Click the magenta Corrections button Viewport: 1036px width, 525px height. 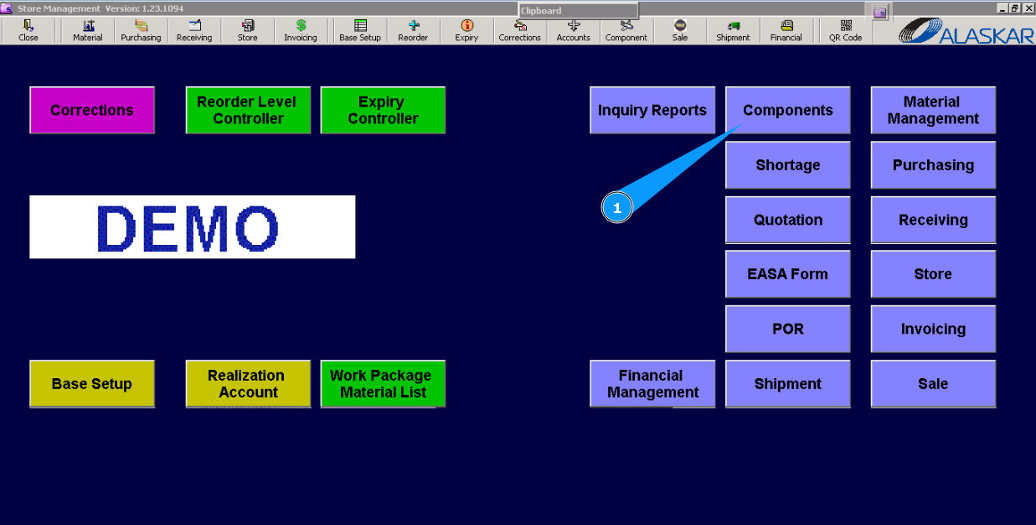(x=92, y=110)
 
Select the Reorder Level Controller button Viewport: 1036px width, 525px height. (x=248, y=110)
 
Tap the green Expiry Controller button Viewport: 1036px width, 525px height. (x=383, y=110)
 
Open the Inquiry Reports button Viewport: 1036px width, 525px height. (x=652, y=110)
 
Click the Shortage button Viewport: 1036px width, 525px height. (x=787, y=165)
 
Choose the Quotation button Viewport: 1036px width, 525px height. (x=787, y=220)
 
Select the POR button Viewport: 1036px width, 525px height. (x=787, y=329)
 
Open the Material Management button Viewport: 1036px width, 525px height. (x=933, y=110)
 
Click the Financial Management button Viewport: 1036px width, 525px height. (x=652, y=384)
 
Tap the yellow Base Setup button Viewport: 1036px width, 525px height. (x=92, y=384)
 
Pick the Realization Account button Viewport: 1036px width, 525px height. (x=248, y=384)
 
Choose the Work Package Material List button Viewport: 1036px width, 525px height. (x=383, y=384)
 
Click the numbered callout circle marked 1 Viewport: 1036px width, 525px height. (x=617, y=208)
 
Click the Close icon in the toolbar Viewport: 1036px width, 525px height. (x=28, y=30)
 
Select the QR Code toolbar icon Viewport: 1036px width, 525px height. (x=846, y=30)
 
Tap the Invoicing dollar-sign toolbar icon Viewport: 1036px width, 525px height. (x=301, y=30)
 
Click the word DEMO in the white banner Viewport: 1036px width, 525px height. (x=188, y=227)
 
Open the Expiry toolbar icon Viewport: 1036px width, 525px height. (x=466, y=30)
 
